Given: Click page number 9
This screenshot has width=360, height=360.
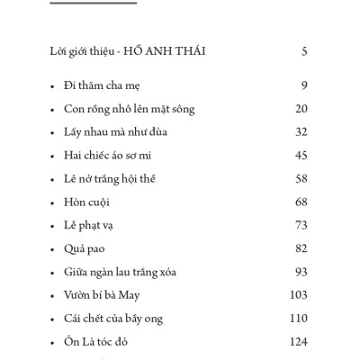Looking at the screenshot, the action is (305, 87).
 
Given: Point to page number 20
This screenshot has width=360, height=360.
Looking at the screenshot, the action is (301, 110).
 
